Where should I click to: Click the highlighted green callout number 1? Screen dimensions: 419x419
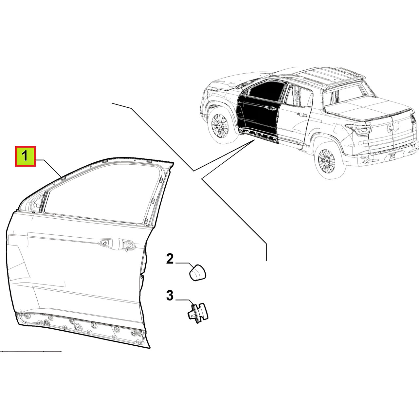click(x=25, y=156)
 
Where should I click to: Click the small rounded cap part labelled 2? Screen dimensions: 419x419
click(x=197, y=273)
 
